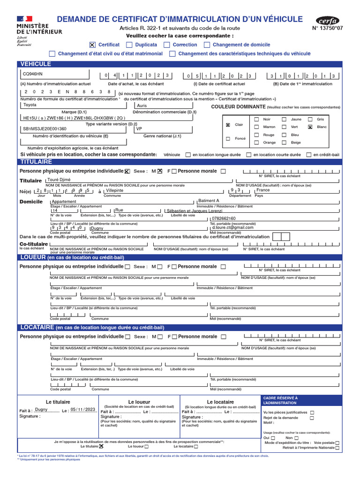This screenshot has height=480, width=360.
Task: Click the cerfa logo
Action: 328,21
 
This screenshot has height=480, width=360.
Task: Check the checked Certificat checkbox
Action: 92,45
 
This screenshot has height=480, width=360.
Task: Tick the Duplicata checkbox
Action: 130,45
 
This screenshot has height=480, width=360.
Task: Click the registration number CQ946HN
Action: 32,74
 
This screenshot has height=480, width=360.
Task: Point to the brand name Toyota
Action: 30,105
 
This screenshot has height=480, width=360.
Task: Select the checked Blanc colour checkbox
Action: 310,127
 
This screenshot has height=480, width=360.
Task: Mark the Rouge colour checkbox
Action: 256,135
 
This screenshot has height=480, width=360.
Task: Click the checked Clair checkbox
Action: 228,125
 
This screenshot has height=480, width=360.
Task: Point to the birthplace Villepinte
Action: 115,191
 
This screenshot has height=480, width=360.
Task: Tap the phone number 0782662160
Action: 224,218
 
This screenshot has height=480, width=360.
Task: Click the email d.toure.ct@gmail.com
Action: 232,227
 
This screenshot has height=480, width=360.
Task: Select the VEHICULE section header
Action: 35,64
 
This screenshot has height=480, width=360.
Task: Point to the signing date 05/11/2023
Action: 82,409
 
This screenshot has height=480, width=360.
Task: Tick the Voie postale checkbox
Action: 337,442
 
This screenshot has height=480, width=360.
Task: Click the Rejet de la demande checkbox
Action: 312,418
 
